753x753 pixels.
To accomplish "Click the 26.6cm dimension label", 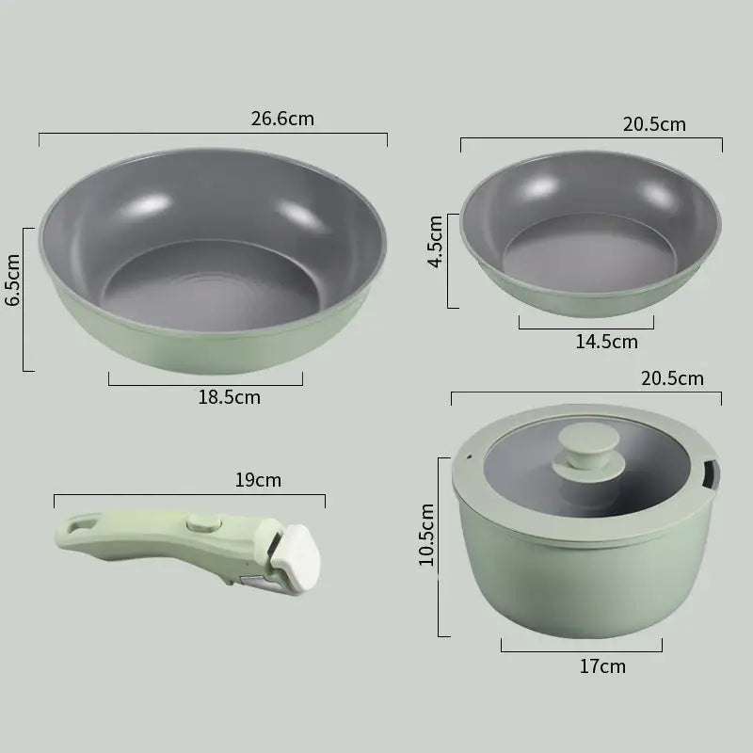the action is coord(282,119).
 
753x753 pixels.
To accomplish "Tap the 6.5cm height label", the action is coord(12,280).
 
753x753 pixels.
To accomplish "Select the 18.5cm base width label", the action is coord(230,397).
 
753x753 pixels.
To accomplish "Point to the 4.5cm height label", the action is coord(436,242).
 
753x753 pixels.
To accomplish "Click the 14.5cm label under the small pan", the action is coord(607,342).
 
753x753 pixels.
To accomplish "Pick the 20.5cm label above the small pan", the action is coord(654,124).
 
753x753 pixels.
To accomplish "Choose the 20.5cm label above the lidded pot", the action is coord(672,379).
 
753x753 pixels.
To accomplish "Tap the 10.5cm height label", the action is coord(427,535).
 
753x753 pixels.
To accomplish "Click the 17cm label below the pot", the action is coord(602,666).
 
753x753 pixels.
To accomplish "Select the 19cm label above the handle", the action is coord(258,480).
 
